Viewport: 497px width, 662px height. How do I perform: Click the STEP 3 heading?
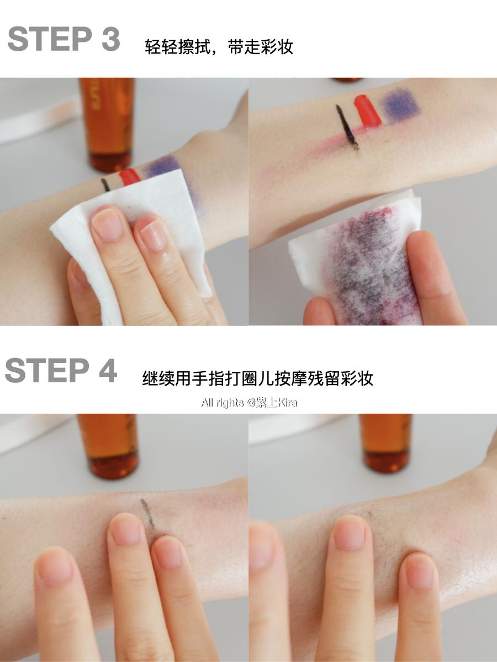coord(64,39)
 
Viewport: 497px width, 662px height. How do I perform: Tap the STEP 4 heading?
coord(61,370)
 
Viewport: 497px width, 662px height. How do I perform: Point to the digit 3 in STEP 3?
coord(110,39)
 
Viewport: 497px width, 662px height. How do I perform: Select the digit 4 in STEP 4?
coord(107,370)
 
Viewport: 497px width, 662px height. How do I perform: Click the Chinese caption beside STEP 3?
coord(219,47)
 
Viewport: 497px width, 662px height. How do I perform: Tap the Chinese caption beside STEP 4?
coord(257,378)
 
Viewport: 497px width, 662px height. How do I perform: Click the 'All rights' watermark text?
coord(222,403)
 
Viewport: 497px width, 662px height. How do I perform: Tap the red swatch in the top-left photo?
coord(130,177)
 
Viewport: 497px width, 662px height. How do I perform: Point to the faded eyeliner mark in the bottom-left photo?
coord(147,514)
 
